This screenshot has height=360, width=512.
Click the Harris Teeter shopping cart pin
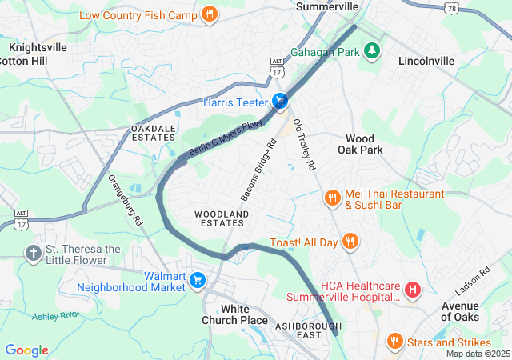(x=280, y=102)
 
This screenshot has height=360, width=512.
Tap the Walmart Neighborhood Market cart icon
(x=197, y=280)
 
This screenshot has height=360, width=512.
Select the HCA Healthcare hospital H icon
(x=413, y=290)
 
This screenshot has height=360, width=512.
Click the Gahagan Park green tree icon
(x=371, y=51)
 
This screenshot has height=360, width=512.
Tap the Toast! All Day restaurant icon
(x=350, y=241)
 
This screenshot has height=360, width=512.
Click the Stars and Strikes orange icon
(x=394, y=342)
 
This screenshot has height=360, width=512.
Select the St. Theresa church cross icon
(x=33, y=254)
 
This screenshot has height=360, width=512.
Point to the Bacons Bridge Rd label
(x=258, y=170)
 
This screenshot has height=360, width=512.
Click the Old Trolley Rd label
(x=305, y=144)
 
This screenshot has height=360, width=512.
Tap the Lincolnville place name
(x=426, y=61)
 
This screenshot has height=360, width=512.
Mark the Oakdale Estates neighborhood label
(x=153, y=133)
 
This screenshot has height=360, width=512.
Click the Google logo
(x=27, y=350)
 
